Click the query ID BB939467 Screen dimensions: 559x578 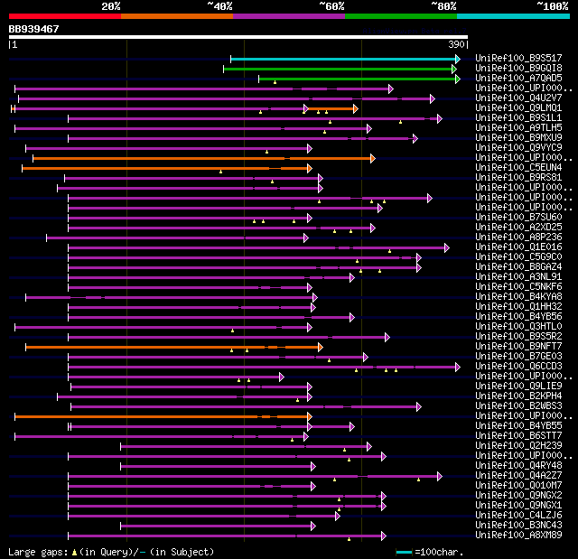pos(34,29)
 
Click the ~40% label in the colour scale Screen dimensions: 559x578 pos(219,6)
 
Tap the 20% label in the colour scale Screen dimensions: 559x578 pos(111,6)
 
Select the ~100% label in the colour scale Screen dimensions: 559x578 pos(552,6)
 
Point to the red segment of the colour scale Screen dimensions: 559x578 pos(63,16)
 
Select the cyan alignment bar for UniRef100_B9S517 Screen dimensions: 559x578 pos(343,59)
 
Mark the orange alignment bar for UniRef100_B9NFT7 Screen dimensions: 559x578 pos(172,347)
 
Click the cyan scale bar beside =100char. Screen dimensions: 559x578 pos(404,552)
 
